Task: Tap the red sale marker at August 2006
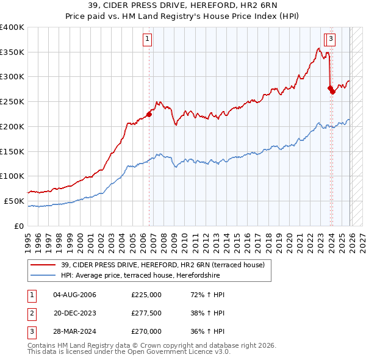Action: click(x=149, y=113)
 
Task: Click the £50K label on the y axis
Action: click(x=15, y=201)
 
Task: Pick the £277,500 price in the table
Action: click(x=146, y=313)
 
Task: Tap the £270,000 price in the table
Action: click(x=146, y=331)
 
